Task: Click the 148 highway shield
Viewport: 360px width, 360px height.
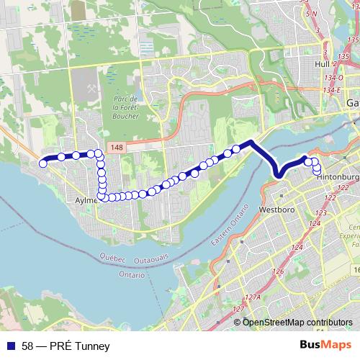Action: click(x=118, y=147)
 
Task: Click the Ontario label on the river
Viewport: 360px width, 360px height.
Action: click(x=132, y=274)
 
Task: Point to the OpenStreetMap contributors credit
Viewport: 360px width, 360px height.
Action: click(x=298, y=322)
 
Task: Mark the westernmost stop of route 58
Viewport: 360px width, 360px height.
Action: click(x=43, y=163)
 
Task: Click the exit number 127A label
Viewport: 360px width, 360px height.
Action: click(x=251, y=297)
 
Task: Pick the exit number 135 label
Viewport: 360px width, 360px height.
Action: click(x=352, y=39)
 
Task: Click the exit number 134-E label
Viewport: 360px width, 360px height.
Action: click(x=332, y=90)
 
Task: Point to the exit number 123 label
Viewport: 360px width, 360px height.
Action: click(x=320, y=213)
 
